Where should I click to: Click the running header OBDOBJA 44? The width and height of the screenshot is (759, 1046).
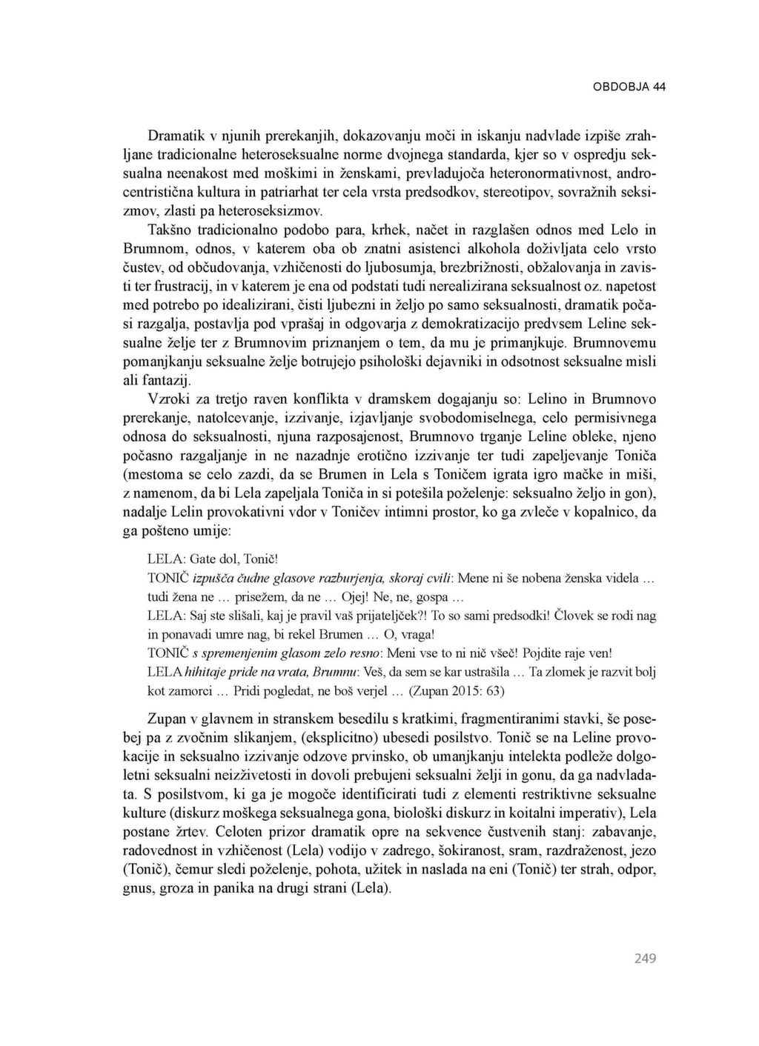[x=629, y=87]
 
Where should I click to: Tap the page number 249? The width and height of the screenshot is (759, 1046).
[x=645, y=959]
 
